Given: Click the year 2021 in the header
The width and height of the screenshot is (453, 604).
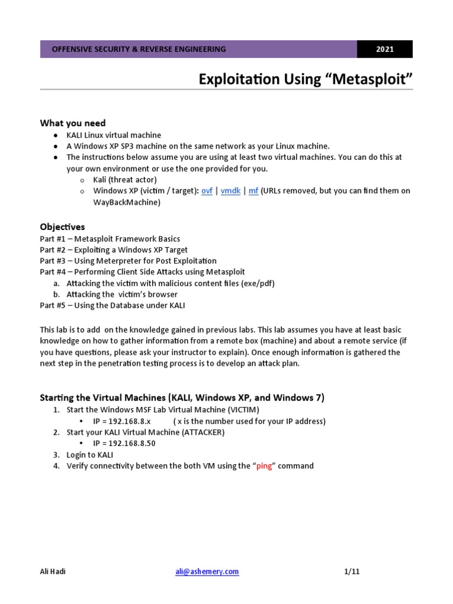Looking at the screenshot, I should tap(385, 50).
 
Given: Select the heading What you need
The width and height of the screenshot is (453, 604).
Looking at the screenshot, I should tap(73, 123).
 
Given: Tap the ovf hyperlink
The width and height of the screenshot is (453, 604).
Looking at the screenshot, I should tap(207, 191).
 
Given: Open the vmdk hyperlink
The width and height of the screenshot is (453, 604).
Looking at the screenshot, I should tap(230, 191).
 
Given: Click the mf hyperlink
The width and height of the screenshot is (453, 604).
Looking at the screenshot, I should tap(253, 191).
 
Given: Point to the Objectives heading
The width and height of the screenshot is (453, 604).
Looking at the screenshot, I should tap(63, 227).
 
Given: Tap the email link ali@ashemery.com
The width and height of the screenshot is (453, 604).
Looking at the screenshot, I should tap(206, 572).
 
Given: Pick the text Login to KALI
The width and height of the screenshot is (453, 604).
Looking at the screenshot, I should tap(90, 455).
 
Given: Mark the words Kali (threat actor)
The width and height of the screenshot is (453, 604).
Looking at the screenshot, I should tap(125, 180).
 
